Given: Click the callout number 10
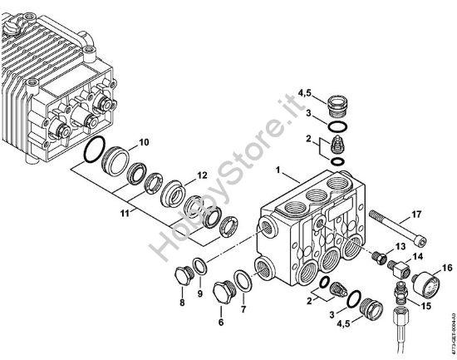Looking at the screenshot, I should [x=144, y=142].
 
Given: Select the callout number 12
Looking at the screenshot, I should [x=200, y=175].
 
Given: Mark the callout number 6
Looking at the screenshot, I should [x=220, y=323].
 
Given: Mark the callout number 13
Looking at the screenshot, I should [x=400, y=248].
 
